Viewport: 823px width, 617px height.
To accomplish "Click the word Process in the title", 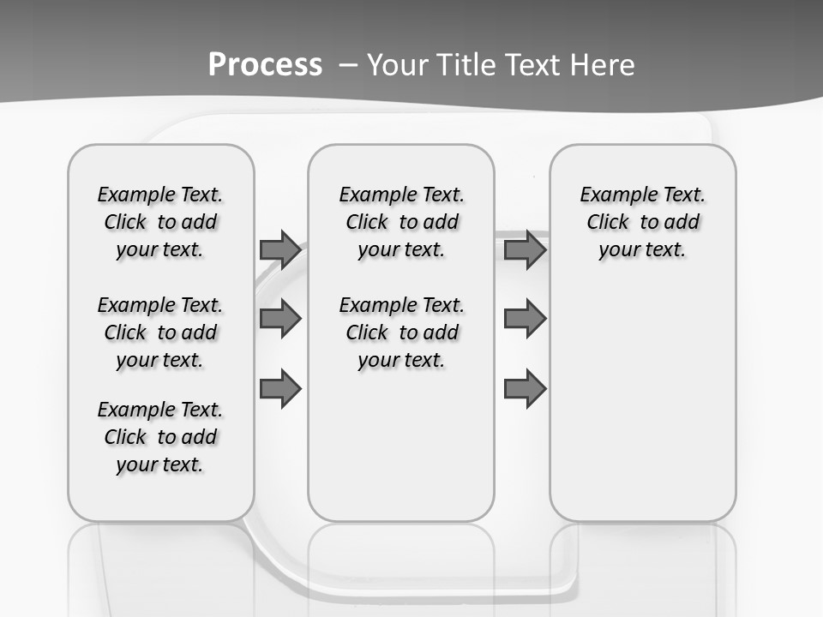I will (265, 64).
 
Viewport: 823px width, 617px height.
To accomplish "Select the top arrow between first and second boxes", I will (279, 250).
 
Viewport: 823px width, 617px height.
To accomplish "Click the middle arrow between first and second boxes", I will (279, 320).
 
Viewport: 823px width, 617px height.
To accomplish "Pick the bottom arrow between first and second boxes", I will (279, 389).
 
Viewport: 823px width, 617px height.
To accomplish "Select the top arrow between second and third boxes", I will (525, 250).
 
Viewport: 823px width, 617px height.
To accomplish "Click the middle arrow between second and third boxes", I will (525, 320).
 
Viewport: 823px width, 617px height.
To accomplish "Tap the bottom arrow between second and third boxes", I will (525, 389).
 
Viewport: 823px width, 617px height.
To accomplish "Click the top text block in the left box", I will (160, 222).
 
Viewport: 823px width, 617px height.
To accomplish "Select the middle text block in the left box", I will (160, 332).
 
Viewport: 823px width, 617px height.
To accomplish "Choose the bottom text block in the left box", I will (160, 437).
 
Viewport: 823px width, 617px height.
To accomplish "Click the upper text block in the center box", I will (401, 222).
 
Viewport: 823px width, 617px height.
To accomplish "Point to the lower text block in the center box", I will (401, 332).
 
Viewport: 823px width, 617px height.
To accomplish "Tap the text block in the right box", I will (642, 222).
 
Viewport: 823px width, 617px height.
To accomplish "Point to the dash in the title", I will (349, 65).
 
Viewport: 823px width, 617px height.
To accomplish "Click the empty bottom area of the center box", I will (401, 454).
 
